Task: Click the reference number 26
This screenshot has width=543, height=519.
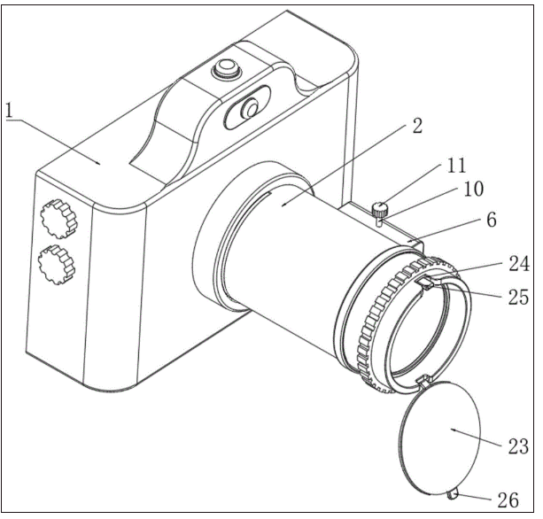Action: tap(508, 500)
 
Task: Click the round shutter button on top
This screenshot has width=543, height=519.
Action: tap(227, 66)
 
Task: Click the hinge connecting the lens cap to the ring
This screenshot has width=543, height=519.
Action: tap(421, 381)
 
